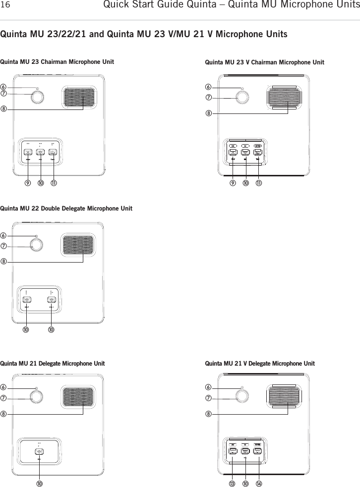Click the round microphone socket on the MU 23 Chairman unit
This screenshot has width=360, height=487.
click(37, 97)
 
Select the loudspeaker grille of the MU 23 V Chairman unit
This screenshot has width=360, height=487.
click(284, 97)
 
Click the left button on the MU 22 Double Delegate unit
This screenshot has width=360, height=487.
click(26, 300)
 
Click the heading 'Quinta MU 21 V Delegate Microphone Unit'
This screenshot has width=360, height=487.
click(260, 364)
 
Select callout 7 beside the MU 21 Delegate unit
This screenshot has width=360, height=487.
click(4, 398)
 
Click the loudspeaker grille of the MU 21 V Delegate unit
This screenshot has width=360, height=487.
click(284, 396)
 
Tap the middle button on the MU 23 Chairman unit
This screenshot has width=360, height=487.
click(40, 153)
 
